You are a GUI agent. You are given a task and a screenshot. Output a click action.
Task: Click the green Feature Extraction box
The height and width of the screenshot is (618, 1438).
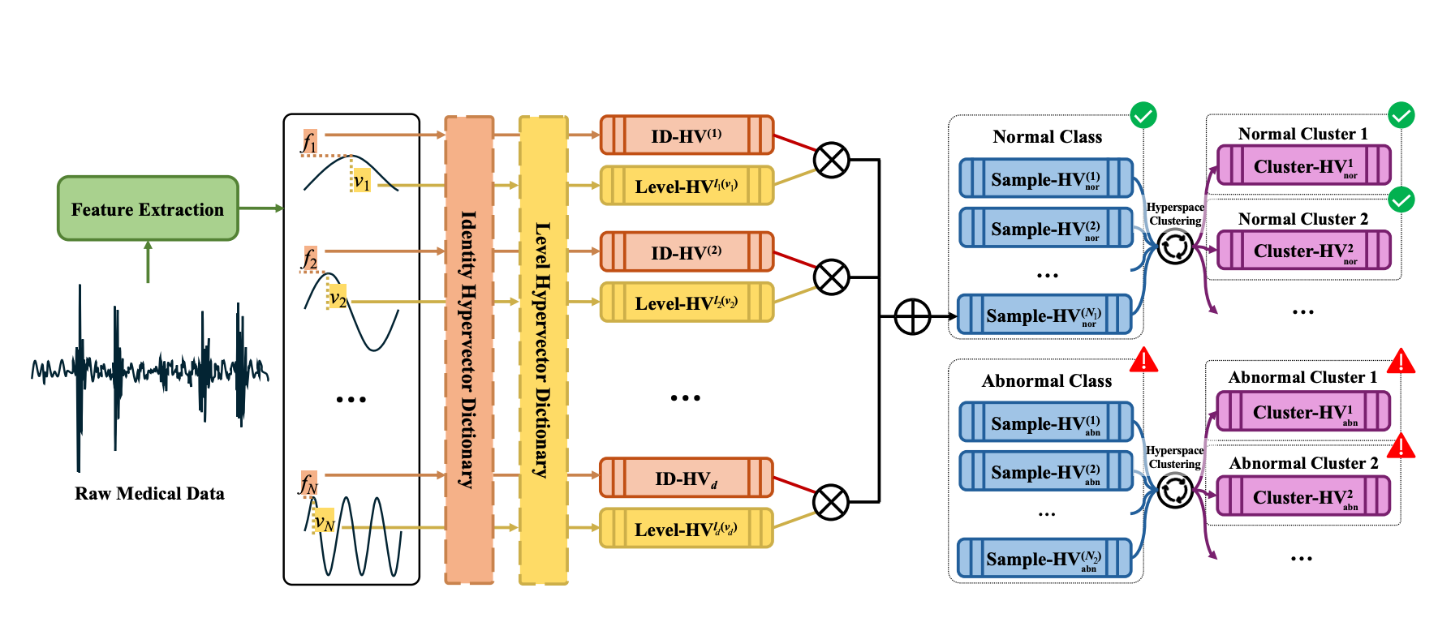[148, 209]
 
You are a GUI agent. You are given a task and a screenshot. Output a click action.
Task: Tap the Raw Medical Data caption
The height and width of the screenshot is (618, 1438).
[149, 494]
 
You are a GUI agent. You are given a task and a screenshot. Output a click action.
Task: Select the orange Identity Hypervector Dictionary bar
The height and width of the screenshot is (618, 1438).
[469, 350]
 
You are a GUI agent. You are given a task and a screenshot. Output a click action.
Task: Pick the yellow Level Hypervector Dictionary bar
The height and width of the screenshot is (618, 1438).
[543, 350]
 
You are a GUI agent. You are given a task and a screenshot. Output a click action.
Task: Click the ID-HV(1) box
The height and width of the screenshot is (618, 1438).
[687, 135]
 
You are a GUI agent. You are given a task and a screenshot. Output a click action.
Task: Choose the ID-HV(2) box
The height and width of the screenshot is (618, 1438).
[687, 252]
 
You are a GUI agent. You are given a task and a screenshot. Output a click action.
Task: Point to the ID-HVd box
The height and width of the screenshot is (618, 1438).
[687, 479]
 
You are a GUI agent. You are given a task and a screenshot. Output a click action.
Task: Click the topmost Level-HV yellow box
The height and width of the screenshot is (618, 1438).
[687, 186]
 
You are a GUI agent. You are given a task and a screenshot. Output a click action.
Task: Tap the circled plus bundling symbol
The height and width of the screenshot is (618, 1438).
[912, 316]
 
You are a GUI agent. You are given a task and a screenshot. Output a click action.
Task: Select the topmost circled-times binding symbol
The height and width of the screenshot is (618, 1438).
[832, 161]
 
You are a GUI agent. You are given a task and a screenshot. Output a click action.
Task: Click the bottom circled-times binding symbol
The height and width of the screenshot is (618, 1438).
[832, 503]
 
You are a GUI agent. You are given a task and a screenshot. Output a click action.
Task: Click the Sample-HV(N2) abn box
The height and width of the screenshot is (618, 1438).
[1044, 559]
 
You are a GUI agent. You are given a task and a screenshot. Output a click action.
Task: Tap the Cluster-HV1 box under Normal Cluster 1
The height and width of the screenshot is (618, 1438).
[1303, 166]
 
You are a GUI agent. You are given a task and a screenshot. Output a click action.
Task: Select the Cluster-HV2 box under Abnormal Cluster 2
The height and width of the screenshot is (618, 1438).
[1303, 496]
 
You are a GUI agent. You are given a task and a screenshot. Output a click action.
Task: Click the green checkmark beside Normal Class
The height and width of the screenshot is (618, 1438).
[1143, 115]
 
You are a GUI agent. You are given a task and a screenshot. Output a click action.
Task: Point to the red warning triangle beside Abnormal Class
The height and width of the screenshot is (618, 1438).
[1143, 360]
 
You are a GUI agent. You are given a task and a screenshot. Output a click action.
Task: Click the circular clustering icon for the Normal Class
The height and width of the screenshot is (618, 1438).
[1174, 247]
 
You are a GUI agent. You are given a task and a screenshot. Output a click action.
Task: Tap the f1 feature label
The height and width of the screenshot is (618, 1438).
[309, 142]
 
